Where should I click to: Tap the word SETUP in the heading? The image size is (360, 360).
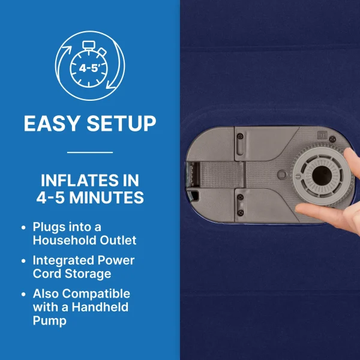tap(121, 124)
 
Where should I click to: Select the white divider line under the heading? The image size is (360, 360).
tap(90, 152)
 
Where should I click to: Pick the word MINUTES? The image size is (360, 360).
tap(107, 197)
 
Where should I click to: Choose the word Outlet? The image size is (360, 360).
tap(118, 240)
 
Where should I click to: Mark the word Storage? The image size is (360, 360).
tap(88, 274)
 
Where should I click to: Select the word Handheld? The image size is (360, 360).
tap(100, 307)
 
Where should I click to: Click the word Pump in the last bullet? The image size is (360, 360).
tap(50, 321)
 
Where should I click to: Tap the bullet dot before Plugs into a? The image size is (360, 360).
tap(23, 227)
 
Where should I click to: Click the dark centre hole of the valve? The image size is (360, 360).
tap(322, 176)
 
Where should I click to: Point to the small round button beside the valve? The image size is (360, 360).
tap(282, 175)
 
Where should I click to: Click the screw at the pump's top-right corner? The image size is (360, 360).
tap(332, 139)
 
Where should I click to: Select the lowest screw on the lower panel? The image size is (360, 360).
tap(241, 212)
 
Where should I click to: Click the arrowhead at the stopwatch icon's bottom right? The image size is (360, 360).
tap(110, 85)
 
